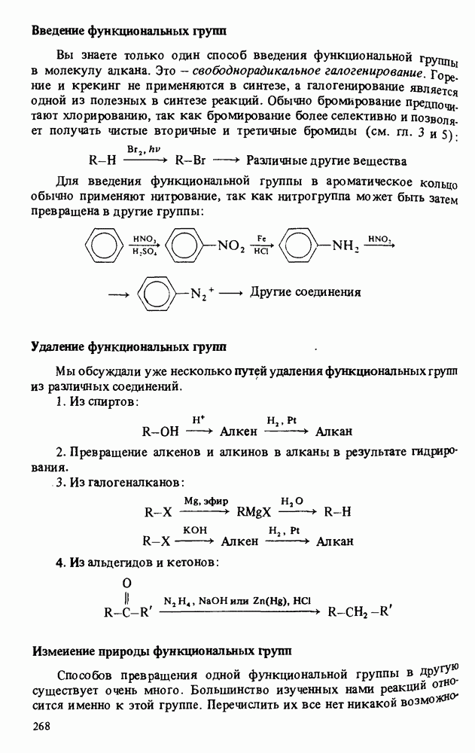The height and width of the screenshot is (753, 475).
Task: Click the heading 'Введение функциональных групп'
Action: coord(129,31)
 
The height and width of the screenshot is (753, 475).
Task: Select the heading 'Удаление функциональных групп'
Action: coord(129,347)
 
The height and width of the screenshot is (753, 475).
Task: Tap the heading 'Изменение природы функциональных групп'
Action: coord(161,648)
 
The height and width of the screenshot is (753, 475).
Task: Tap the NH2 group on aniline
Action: coord(343,245)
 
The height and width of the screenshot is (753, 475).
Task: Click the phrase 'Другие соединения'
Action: coord(305,292)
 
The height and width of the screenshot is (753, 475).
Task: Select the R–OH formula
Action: coord(160,432)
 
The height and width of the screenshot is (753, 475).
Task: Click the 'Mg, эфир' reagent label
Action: coord(206,501)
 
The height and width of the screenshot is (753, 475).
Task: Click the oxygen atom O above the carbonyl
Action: coord(126,581)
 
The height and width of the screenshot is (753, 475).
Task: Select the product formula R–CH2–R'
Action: coord(361,611)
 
